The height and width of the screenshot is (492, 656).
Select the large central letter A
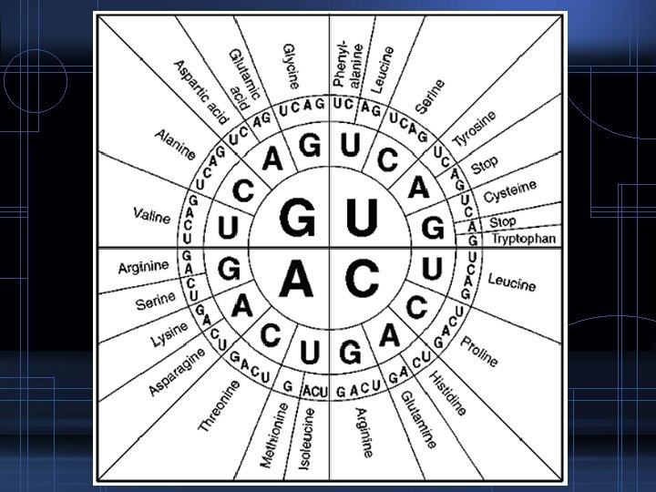[298, 276]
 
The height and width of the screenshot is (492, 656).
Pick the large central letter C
[362, 276]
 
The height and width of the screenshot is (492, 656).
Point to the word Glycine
[292, 65]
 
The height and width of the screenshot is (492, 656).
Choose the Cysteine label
[508, 191]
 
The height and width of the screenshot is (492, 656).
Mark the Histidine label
[447, 393]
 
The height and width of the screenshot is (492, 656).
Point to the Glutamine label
[415, 417]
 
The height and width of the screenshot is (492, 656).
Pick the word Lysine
[169, 334]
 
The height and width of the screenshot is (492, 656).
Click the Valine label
[151, 217]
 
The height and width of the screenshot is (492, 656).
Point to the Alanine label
[174, 147]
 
